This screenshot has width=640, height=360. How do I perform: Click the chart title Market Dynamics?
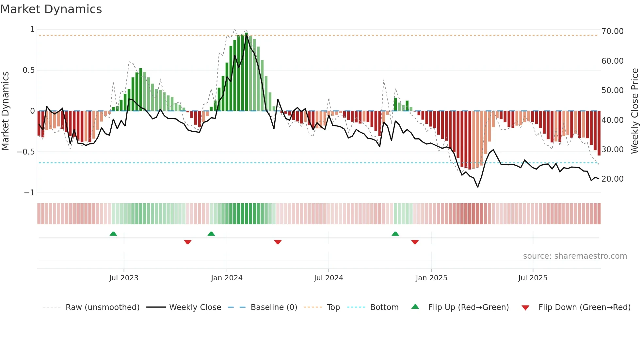point(51,9)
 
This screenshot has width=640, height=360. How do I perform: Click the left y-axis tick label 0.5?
point(28,70)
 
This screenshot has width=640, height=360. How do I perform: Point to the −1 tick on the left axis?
point(29,193)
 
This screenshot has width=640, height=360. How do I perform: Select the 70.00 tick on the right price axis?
point(612,31)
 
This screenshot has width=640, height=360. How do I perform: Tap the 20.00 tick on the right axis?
point(612,179)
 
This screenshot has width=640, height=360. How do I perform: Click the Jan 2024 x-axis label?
point(227,278)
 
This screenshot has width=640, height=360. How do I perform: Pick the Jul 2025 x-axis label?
point(533,278)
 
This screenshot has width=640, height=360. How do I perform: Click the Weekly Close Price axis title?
point(634,111)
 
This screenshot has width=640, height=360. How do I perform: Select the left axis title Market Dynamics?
point(5,111)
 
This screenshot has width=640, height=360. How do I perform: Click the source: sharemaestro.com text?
point(575,256)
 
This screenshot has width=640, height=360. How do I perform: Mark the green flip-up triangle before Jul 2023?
point(113,234)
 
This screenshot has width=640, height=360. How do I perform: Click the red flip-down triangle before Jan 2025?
point(415,242)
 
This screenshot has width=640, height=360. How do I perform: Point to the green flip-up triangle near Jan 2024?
point(211,234)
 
